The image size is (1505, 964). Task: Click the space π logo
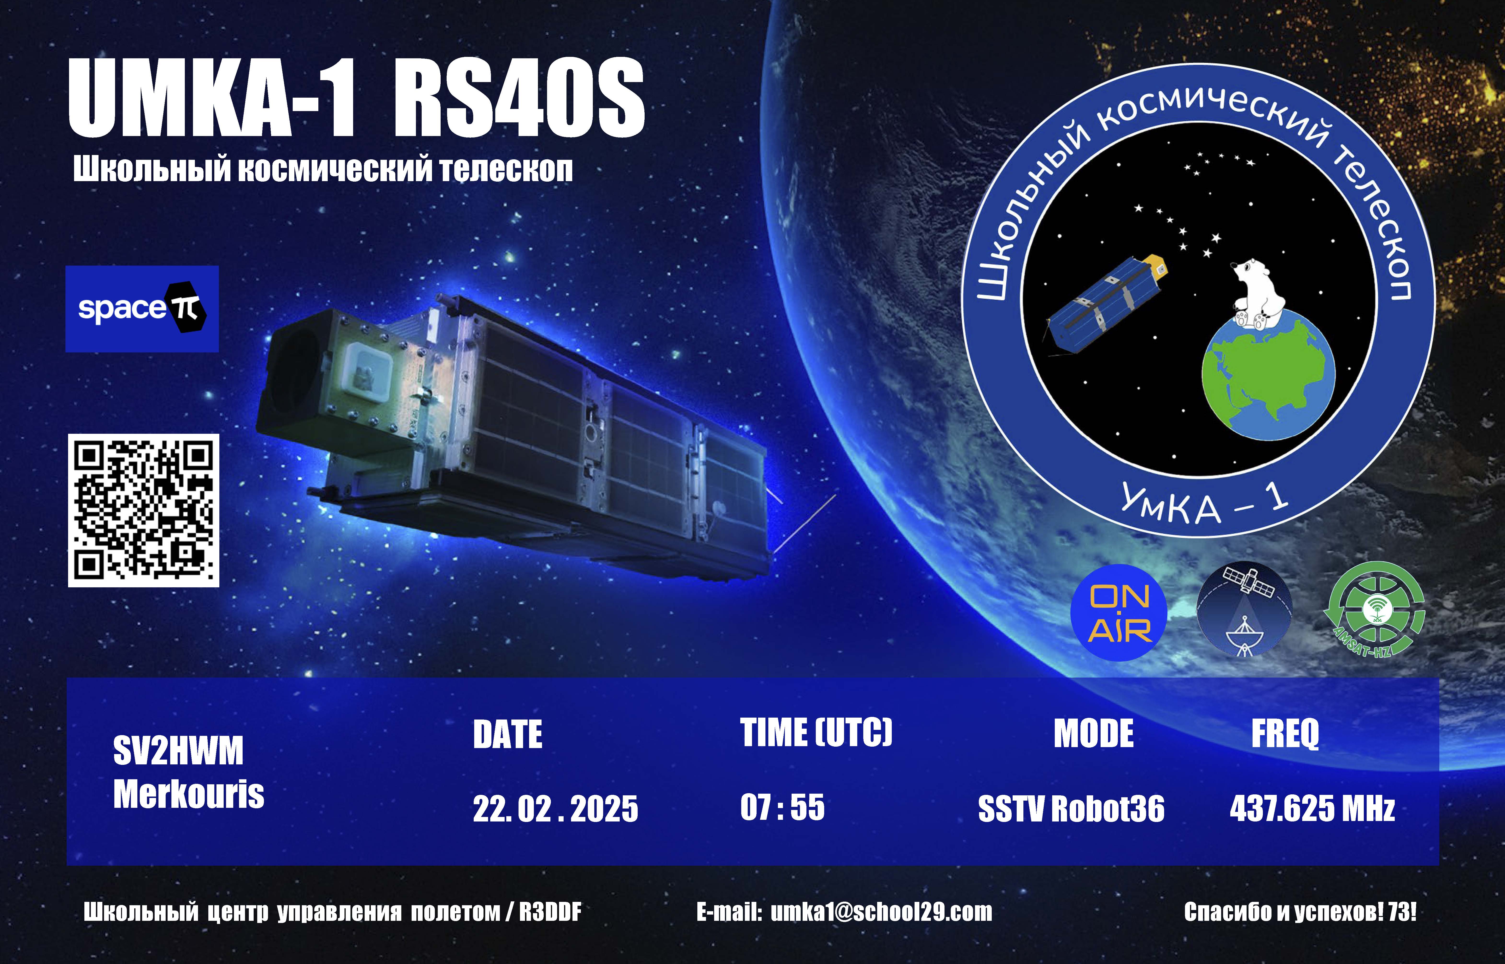pyautogui.click(x=142, y=309)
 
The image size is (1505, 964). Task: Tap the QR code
pyautogui.click(x=143, y=510)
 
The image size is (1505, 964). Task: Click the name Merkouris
pyautogui.click(x=189, y=794)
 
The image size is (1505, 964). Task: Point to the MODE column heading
pyautogui.click(x=1093, y=734)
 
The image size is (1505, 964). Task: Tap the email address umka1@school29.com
pyautogui.click(x=881, y=912)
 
